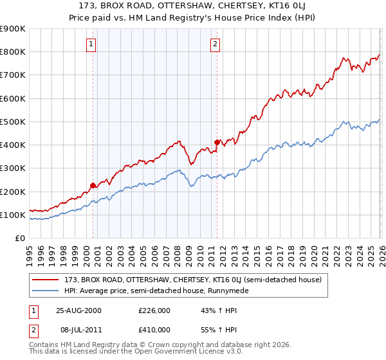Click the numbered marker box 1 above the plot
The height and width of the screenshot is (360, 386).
click(91, 44)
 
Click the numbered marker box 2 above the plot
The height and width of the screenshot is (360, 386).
click(215, 44)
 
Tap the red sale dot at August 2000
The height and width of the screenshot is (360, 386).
click(93, 186)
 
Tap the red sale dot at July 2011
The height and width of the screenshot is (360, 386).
click(217, 142)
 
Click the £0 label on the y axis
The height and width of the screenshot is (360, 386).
click(20, 238)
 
